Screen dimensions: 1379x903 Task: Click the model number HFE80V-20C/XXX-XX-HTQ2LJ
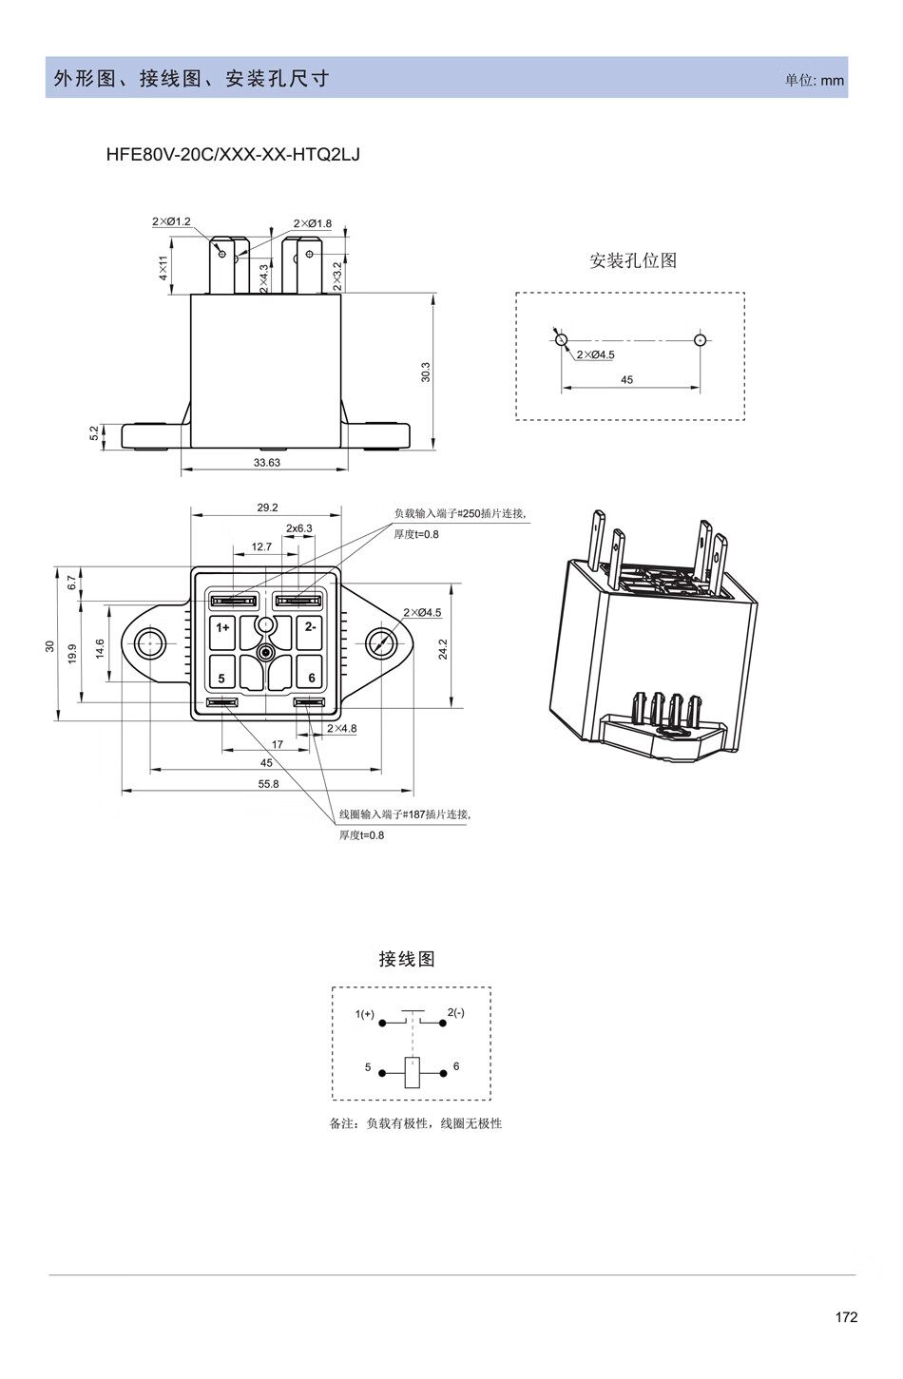233,154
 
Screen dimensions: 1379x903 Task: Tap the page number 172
846,1316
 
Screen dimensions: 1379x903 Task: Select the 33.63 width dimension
267,463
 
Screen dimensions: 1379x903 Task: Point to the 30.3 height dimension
426,372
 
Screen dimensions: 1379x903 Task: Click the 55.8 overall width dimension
269,784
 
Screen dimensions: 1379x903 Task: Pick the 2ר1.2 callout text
171,221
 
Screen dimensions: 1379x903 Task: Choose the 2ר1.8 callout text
313,224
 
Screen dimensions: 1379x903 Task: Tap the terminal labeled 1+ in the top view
222,627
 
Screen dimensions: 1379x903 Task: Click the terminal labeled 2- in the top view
311,627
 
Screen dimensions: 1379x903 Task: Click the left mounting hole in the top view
150,644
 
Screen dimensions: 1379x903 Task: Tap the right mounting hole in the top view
382,644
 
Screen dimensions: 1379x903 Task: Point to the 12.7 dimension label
261,547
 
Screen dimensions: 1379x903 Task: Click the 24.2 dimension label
443,649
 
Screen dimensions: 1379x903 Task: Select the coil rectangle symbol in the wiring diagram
413,1072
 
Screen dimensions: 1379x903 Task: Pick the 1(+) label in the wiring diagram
365,1014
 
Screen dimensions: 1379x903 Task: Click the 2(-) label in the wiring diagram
456,1013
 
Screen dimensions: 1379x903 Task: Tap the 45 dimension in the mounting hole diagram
626,380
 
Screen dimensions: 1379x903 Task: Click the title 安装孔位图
633,260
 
